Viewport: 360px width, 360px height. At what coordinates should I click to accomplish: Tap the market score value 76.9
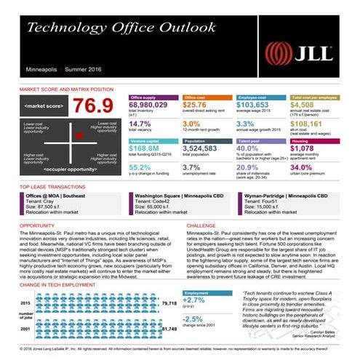(90, 107)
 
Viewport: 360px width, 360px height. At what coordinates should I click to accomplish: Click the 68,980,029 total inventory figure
(148, 105)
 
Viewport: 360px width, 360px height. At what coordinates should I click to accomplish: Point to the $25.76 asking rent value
(196, 105)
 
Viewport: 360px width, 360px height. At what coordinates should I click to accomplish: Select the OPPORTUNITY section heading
(30, 225)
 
